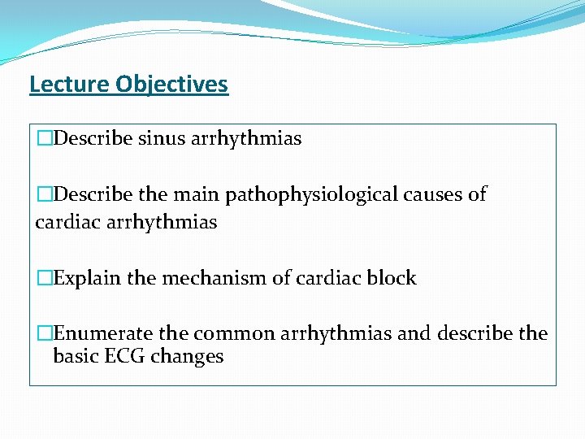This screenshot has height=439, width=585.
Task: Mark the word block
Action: click(x=392, y=278)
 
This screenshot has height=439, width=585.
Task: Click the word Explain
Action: click(x=81, y=278)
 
